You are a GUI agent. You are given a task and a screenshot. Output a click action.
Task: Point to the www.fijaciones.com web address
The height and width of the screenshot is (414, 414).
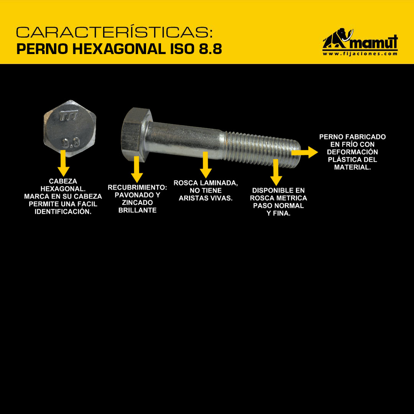click(360, 54)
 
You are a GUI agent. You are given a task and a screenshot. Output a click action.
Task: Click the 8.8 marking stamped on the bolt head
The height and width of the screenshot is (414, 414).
click(71, 143)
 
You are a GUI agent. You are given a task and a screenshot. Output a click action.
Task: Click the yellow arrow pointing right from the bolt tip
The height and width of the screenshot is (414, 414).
click(304, 152)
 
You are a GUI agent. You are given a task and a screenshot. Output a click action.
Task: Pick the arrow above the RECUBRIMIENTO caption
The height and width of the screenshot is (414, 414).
click(136, 169)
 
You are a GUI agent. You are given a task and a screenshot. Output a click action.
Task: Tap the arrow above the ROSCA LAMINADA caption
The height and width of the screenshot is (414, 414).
click(205, 165)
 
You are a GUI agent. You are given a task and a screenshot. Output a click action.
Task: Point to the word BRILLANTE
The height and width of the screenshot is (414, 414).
click(137, 210)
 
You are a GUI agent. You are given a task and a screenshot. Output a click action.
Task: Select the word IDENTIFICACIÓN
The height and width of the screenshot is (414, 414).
click(63, 212)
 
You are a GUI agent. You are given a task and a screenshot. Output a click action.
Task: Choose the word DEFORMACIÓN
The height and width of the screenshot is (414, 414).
click(352, 152)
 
